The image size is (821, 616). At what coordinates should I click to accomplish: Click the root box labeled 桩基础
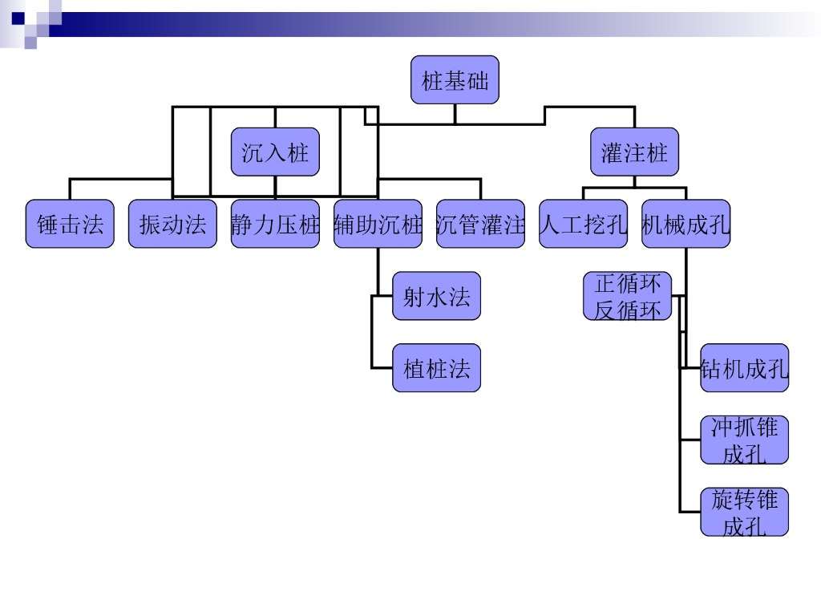(x=455, y=79)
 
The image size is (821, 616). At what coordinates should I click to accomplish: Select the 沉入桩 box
(x=275, y=152)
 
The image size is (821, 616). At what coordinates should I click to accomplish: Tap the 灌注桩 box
(x=634, y=152)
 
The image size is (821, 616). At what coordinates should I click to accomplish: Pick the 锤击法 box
(x=70, y=224)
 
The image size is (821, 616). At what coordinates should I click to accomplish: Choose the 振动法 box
(x=172, y=224)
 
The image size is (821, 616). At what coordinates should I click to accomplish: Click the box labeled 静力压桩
(x=275, y=224)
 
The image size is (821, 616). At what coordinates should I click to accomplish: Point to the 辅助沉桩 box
(x=378, y=224)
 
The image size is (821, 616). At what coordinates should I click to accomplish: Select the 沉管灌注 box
(x=480, y=224)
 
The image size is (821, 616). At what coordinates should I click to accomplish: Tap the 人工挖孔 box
(x=583, y=224)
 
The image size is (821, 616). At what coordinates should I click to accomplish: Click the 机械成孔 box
(x=686, y=224)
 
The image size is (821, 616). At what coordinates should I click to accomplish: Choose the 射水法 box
(x=436, y=296)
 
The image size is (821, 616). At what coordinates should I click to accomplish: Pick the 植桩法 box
(x=436, y=368)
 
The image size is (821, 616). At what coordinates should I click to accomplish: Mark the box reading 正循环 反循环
(x=627, y=296)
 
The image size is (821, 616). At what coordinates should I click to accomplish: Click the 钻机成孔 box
(x=744, y=368)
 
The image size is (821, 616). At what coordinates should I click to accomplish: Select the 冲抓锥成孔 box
(x=744, y=440)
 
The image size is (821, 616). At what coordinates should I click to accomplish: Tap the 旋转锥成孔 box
(x=744, y=512)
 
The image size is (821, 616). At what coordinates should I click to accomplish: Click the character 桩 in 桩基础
(x=433, y=80)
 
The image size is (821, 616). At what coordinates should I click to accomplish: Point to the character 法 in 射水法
(x=459, y=297)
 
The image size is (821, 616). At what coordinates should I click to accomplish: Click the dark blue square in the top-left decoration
(x=18, y=18)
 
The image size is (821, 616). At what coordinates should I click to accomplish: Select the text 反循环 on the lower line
(x=627, y=309)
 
